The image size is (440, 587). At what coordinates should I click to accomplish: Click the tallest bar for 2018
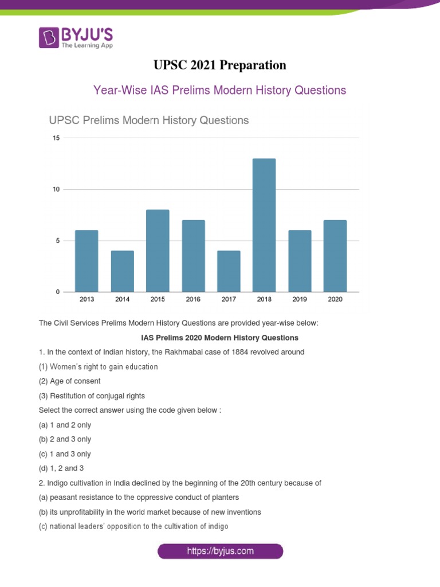[264, 225]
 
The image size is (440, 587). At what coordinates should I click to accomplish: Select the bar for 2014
[122, 271]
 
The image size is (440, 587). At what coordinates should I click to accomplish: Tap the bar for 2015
[158, 251]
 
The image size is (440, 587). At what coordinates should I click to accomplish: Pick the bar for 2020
[335, 256]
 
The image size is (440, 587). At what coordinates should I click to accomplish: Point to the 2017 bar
[229, 271]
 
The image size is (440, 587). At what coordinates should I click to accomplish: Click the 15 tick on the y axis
[56, 138]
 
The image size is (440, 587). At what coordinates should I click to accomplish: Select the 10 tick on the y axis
[56, 189]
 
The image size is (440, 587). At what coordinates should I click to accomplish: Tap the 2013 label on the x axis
[87, 299]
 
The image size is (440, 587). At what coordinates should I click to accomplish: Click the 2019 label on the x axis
[300, 299]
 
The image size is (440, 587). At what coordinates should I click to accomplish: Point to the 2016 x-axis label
[193, 299]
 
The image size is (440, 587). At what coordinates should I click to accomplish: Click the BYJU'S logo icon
[48, 38]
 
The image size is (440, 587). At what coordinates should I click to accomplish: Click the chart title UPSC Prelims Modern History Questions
[148, 120]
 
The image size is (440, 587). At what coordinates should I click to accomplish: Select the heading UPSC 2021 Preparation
[220, 65]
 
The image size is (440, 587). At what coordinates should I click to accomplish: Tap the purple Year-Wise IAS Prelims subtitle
[220, 90]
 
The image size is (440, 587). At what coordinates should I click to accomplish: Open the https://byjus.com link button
[220, 551]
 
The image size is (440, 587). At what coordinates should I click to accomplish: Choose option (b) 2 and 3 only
[65, 439]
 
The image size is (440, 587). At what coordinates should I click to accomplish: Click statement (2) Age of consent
[69, 381]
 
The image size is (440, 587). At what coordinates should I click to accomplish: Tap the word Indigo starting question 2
[56, 483]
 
